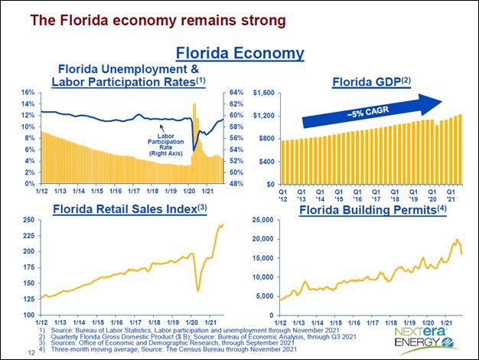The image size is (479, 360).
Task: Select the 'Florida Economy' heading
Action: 239,53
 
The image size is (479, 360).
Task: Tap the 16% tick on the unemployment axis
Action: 28,93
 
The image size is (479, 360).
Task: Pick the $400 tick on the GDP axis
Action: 268,162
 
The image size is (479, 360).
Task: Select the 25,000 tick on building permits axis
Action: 261,220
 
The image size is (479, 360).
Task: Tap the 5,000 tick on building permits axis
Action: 263,296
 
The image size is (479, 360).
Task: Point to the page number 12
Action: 31,352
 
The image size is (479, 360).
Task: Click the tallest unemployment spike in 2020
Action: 194,103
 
